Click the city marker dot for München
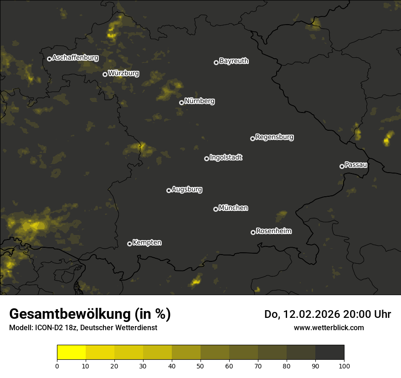tap(216, 209)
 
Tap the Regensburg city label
tap(274, 137)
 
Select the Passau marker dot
tap(342, 166)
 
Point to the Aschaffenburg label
tap(75, 57)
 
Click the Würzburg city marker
tap(105, 74)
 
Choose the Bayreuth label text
tap(234, 61)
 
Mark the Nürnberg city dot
tap(181, 102)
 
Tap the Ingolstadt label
tap(226, 158)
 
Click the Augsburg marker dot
tap(169, 190)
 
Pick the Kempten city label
tap(147, 242)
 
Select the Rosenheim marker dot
tap(253, 232)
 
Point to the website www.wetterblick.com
tap(329, 327)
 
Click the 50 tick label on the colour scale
tap(200, 366)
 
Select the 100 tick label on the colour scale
tap(344, 366)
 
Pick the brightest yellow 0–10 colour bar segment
tap(72, 352)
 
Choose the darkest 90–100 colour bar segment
tap(329, 352)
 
